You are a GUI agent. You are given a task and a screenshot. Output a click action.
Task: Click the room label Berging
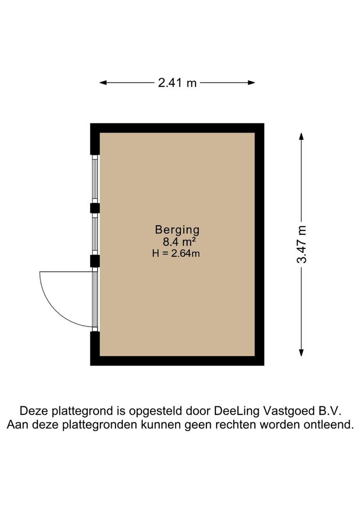177,230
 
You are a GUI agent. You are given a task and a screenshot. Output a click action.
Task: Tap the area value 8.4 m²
179,242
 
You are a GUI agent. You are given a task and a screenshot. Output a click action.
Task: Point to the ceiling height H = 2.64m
176,253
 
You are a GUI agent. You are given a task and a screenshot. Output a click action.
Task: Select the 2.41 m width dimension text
177,83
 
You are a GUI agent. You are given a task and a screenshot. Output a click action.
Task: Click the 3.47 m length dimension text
302,245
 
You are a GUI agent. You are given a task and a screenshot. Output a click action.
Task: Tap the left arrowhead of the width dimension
103,83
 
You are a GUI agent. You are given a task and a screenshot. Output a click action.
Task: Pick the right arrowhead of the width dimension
251,83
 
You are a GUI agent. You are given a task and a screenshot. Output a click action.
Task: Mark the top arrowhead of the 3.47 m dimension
302,136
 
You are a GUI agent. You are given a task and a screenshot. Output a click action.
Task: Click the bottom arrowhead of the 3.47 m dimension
302,353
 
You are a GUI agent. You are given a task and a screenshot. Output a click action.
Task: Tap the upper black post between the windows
95,208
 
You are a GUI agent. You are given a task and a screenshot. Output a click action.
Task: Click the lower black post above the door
95,261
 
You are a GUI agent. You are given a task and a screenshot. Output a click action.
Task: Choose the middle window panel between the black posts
95,234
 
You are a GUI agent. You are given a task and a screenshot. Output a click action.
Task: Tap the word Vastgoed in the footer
286,411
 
